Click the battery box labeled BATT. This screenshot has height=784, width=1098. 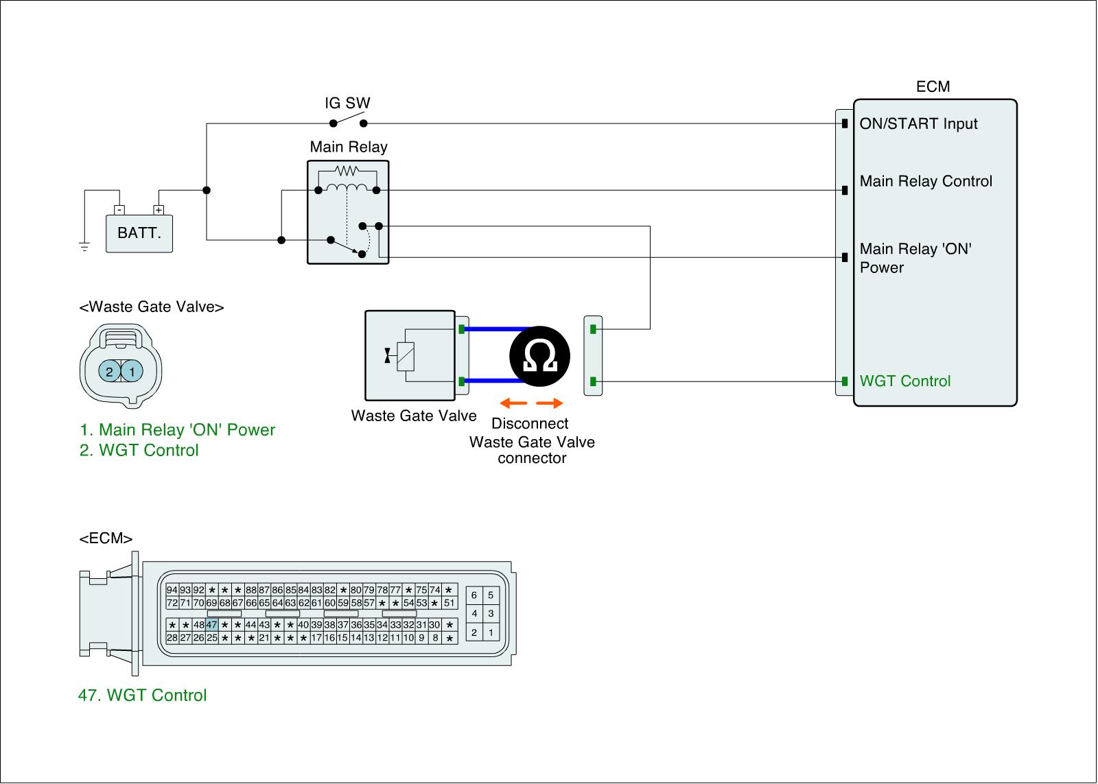pos(139,233)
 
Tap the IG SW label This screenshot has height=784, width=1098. pos(347,104)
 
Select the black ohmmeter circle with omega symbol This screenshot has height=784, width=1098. pos(540,356)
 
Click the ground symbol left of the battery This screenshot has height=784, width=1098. pos(84,247)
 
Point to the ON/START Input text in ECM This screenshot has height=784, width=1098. pos(918,124)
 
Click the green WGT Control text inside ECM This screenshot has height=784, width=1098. pos(905,381)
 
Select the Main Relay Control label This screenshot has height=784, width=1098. pos(926,182)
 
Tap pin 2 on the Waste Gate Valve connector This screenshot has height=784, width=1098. pos(109,372)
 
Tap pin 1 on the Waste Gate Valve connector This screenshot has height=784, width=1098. pos(132,372)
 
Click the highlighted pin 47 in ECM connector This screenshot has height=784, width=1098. pos(211,625)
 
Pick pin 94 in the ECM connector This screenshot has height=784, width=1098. pos(172,590)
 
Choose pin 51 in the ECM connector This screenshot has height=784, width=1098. pos(449,603)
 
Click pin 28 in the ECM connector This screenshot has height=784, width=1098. pos(172,638)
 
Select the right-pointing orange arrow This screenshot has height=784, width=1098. pos(550,403)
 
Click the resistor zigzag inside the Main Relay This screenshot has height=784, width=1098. pos(347,170)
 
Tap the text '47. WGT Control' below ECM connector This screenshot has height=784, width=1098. pos(143,696)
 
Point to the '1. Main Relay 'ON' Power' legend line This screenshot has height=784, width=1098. pos(178,430)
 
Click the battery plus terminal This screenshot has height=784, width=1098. pos(159,210)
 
